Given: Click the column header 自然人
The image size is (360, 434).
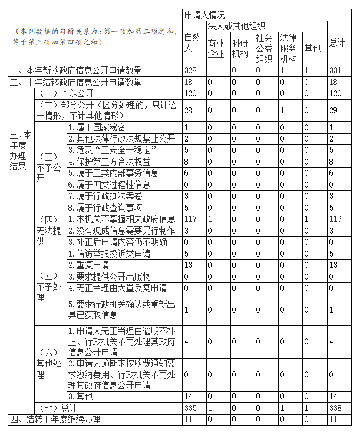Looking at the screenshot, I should tap(193, 43).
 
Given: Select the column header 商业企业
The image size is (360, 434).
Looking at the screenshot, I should tap(216, 48).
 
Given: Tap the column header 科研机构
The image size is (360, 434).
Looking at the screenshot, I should tap(240, 48).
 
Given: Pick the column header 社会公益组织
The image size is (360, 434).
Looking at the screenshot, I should tap(264, 48).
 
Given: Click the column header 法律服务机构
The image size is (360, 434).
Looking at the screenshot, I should tap(289, 48).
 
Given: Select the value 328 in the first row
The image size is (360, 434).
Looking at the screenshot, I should tap(190, 71).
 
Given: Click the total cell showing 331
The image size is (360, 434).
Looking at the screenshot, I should tap(335, 71).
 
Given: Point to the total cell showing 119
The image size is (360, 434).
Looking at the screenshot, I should tap(335, 219).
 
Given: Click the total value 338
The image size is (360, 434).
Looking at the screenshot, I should tap(335, 408).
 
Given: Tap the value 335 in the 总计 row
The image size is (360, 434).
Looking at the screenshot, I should tap(190, 408).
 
